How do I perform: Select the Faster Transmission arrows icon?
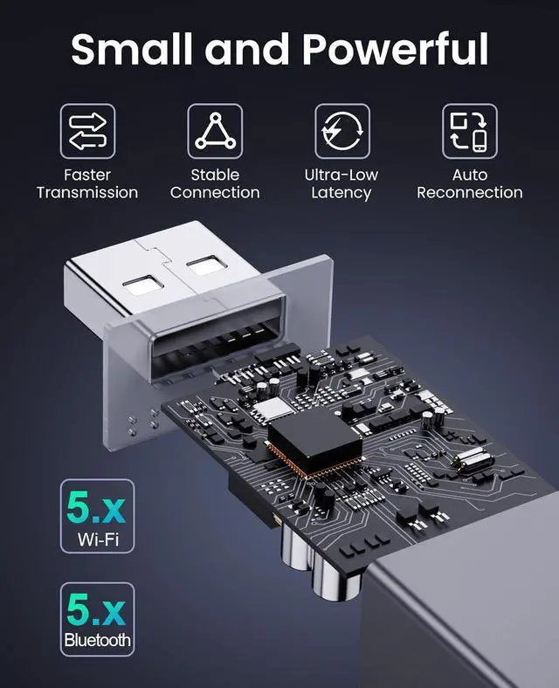(87, 131)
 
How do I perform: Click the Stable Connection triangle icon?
(215, 131)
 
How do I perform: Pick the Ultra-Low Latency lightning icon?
(342, 131)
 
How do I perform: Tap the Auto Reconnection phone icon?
(469, 131)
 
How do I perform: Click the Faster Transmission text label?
(87, 183)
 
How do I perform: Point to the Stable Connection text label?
(215, 183)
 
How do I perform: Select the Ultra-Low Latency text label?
(342, 183)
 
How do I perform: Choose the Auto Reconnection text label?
(469, 183)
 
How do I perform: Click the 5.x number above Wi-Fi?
(96, 506)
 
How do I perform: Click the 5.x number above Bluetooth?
(96, 610)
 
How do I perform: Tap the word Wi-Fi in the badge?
(96, 538)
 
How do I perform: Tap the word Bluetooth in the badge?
(96, 641)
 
